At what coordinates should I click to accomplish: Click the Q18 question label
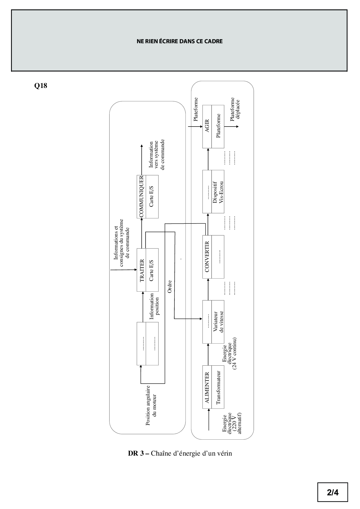(x=41, y=86)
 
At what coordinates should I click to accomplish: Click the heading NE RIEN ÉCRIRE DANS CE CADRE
(x=179, y=41)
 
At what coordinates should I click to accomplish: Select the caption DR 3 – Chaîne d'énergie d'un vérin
(x=180, y=453)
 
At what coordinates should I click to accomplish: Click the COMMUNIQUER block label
(x=142, y=196)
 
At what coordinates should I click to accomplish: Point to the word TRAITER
(x=142, y=270)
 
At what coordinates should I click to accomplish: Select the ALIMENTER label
(x=207, y=388)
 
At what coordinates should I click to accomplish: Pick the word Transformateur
(x=218, y=388)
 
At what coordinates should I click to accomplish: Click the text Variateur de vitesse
(x=218, y=322)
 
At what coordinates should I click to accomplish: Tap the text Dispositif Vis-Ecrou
(x=218, y=192)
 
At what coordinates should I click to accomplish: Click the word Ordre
(x=170, y=286)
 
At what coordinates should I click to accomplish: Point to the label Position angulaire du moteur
(x=151, y=405)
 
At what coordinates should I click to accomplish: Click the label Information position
(x=154, y=306)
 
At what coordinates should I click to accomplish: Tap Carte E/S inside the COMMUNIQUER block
(x=151, y=196)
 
